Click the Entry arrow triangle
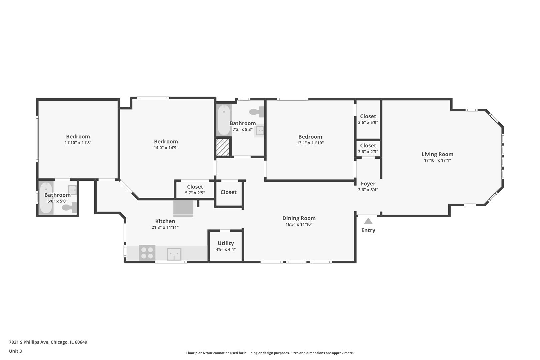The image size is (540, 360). [x=368, y=221]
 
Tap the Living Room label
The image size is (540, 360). [x=437, y=154]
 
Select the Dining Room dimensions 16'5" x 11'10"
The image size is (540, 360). [x=299, y=224]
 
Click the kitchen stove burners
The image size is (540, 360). [x=147, y=253]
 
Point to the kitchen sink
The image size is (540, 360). [x=174, y=254]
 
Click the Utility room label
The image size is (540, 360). [x=226, y=243]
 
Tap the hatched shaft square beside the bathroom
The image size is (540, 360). [x=223, y=147]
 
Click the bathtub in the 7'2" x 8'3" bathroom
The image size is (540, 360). [x=224, y=120]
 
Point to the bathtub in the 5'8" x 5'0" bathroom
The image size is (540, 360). [x=46, y=198]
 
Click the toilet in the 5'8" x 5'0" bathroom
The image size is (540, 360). [x=69, y=207]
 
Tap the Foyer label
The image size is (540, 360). [x=368, y=183]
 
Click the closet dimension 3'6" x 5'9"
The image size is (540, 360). [x=368, y=122]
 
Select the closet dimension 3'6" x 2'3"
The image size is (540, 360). [x=368, y=152]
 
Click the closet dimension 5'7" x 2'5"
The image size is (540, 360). [x=195, y=193]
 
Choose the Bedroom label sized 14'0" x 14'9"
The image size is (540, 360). [x=166, y=142]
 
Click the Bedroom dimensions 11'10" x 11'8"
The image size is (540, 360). [x=78, y=143]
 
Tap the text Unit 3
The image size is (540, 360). [x=15, y=351]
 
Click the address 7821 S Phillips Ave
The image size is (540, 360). [x=29, y=342]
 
